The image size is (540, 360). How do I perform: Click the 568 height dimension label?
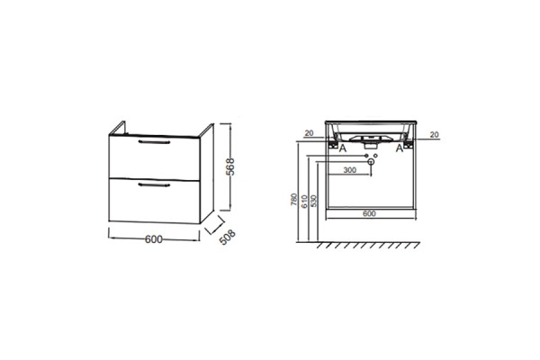point(230,166)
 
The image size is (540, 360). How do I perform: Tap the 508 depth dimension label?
point(228,237)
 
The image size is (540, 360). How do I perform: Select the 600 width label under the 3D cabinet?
point(154,239)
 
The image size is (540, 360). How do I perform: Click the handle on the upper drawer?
point(154,141)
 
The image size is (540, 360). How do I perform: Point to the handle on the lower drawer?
point(154,185)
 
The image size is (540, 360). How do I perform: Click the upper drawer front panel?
point(154,157)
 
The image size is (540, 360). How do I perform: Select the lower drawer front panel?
point(154,201)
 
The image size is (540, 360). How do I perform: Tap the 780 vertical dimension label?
point(293,200)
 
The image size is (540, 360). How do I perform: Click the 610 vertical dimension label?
point(304,202)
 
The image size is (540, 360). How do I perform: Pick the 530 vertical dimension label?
point(313,202)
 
